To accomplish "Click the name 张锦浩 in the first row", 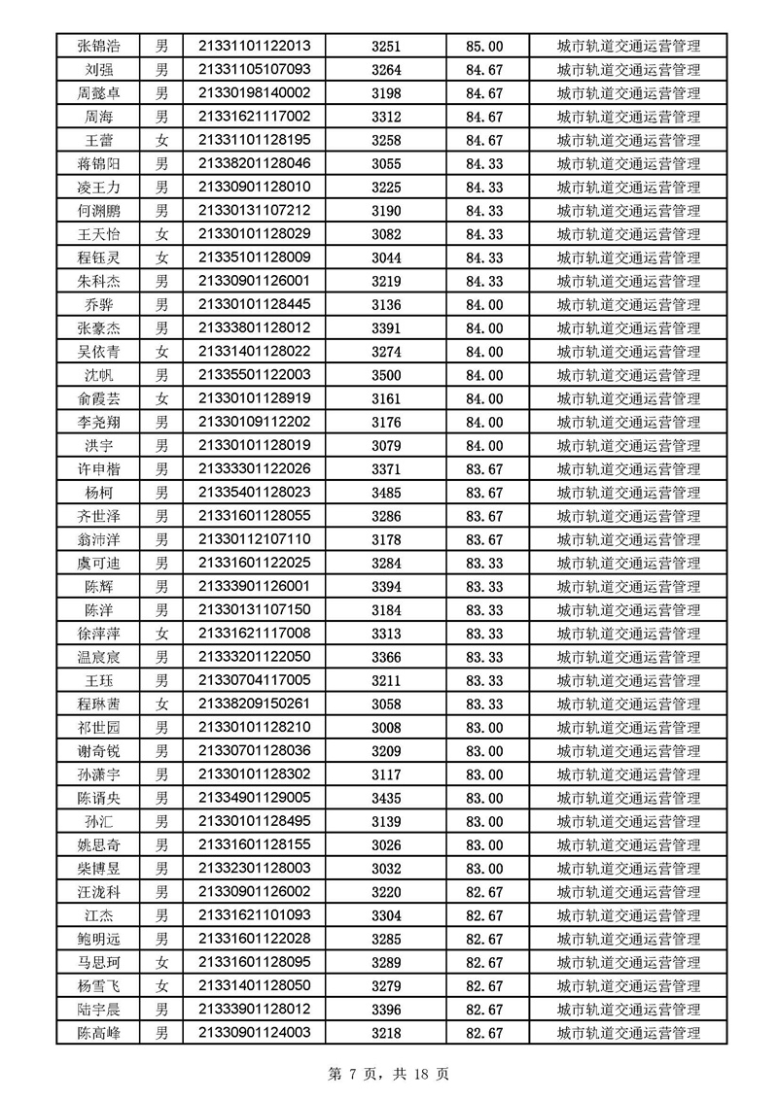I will (100, 46).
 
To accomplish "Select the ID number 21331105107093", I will (254, 69).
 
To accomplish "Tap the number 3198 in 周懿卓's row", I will (386, 93).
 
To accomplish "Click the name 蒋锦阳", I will (100, 163).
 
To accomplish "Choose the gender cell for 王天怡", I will (162, 234).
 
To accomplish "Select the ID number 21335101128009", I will (254, 258).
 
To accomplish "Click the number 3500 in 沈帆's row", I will (386, 375).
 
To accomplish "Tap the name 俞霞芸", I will (100, 398).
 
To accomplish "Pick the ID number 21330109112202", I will (254, 422).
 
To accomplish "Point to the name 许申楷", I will (100, 469).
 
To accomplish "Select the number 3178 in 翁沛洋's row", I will (386, 539).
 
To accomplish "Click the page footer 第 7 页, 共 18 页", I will (389, 1074).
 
